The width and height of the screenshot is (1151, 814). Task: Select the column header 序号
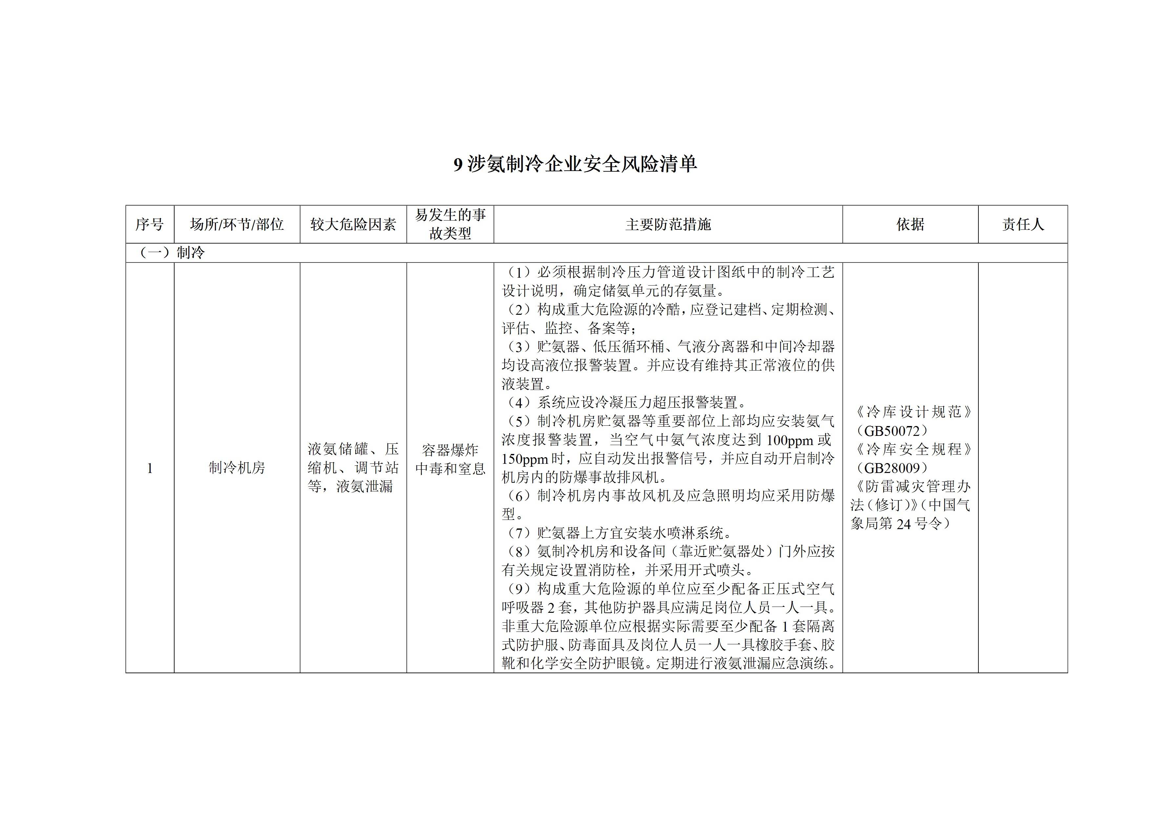pos(149,224)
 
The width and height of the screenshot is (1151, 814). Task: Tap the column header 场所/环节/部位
pos(237,224)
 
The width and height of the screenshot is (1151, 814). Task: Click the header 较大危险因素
pos(353,224)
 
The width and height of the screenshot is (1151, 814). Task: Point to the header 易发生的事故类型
pos(450,224)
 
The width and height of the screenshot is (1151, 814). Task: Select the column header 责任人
pos(1023,224)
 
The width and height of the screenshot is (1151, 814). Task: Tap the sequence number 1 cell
pos(149,468)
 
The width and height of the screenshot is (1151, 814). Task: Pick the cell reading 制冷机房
pos(237,468)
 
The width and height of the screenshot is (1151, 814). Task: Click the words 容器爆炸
pos(450,450)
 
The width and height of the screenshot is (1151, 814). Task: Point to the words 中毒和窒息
pos(450,468)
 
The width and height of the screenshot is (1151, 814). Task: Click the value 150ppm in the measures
pos(525,459)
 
